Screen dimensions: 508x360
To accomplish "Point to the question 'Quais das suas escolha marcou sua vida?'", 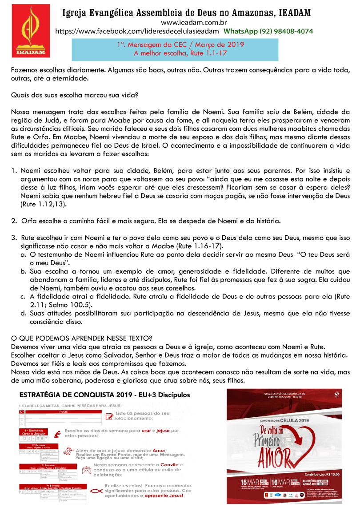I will (74, 96).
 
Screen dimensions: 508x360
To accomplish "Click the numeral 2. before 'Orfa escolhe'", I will (14, 221).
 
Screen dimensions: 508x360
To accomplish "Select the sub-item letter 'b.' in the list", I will (24, 271).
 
